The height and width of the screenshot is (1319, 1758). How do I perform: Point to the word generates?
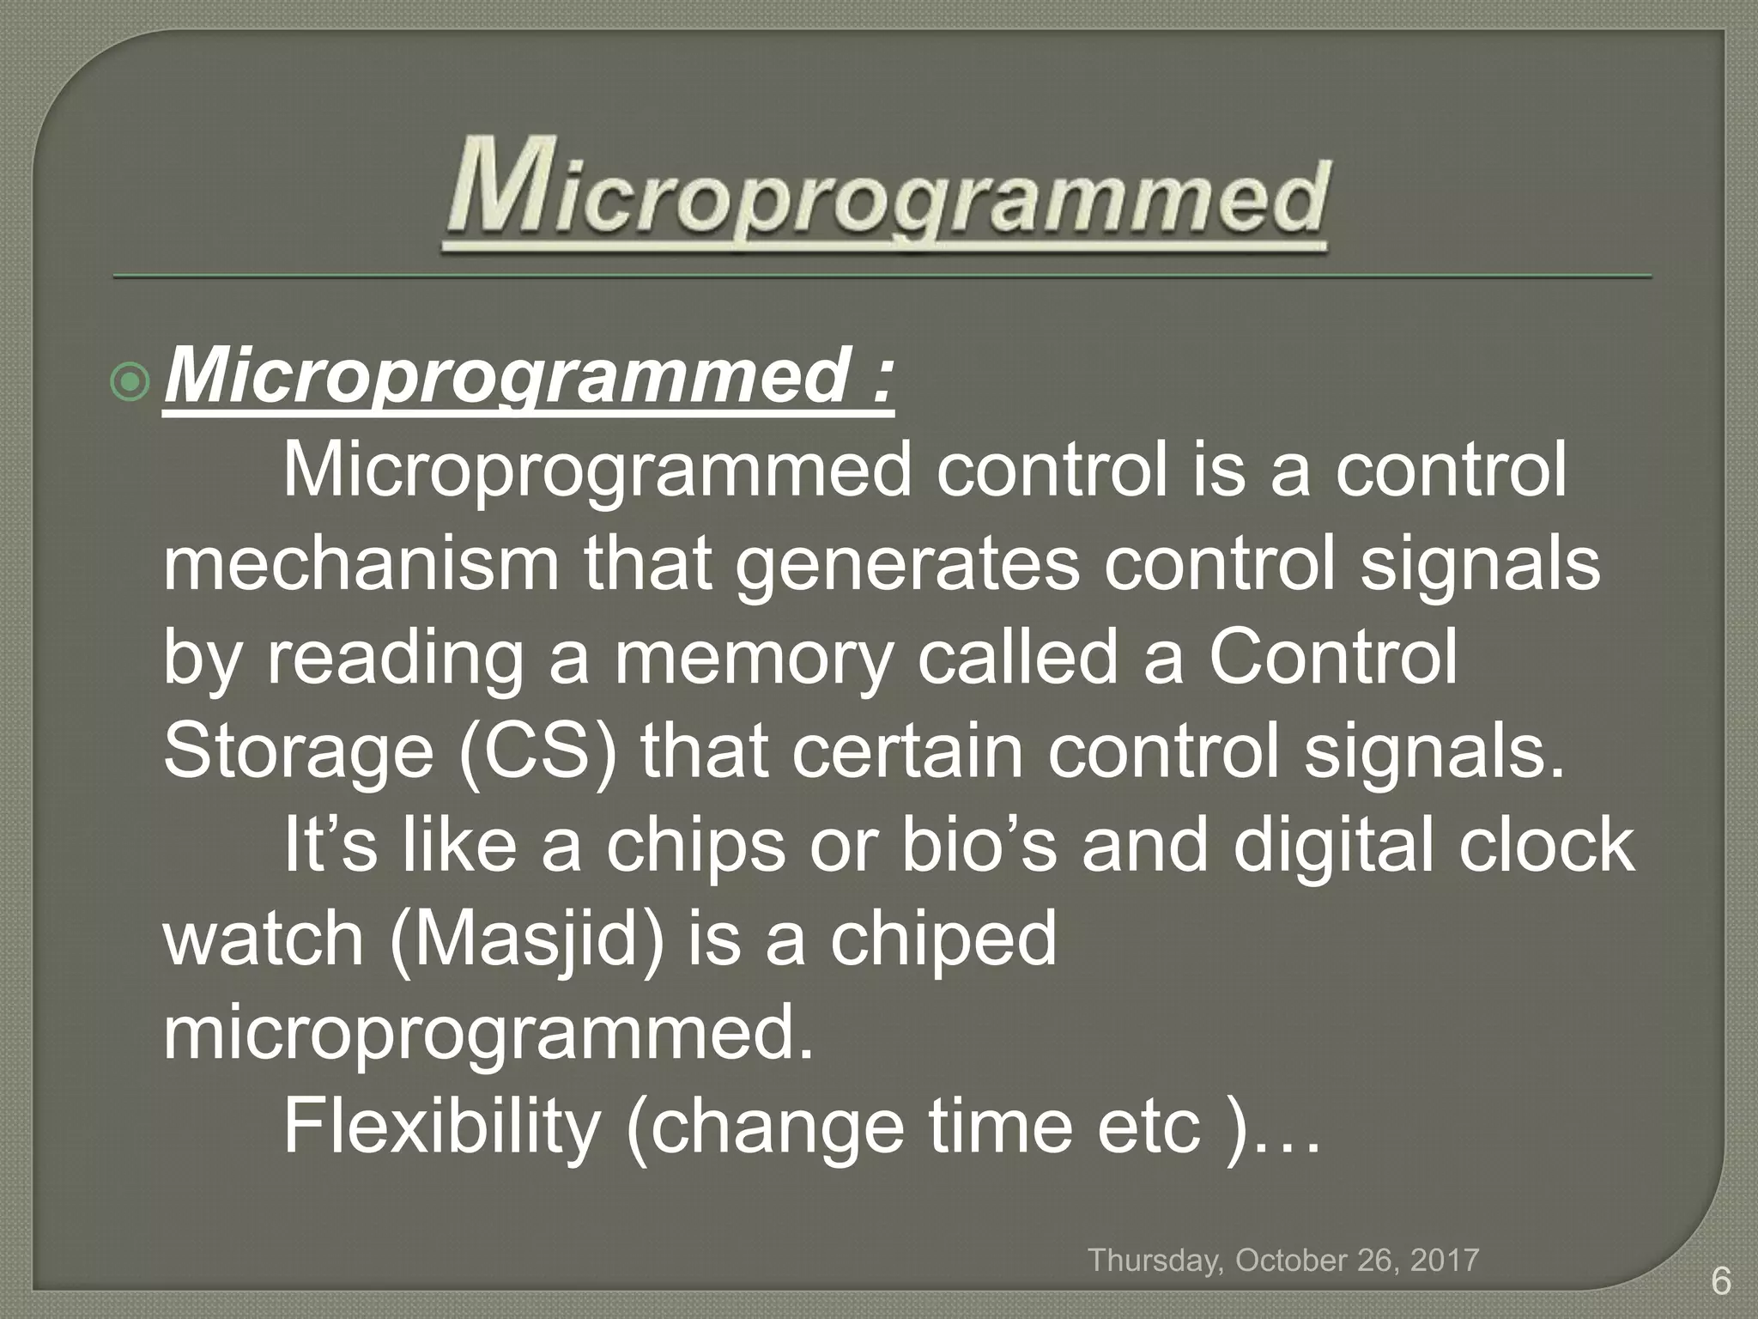(x=906, y=567)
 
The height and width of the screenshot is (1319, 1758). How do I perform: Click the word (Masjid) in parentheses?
(x=526, y=940)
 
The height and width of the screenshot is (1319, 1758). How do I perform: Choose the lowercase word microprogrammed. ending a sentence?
(x=488, y=1035)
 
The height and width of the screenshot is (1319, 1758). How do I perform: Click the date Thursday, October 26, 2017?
(x=1283, y=1260)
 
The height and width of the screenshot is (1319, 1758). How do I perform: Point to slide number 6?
(x=1720, y=1282)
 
